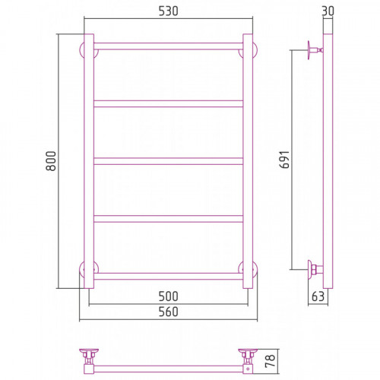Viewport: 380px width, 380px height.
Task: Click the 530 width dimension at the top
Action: pos(169,11)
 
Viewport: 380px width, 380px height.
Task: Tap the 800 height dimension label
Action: pos(51,161)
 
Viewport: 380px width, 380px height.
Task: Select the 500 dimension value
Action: pos(169,296)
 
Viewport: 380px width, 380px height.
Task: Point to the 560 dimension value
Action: pos(169,312)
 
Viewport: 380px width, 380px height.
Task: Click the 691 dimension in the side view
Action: pos(284,160)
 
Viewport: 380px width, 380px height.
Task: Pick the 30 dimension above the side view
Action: pos(328,11)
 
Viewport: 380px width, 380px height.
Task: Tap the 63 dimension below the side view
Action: pos(318,296)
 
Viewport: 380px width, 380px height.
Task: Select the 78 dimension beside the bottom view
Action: pos(270,361)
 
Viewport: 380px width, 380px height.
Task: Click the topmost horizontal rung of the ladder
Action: pos(169,46)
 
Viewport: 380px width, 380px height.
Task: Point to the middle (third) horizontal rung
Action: pos(169,161)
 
